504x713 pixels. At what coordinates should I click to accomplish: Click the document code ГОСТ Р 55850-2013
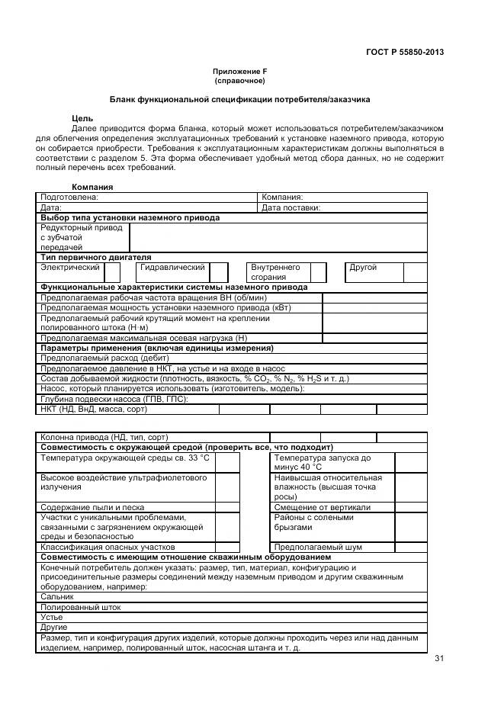tap(405, 52)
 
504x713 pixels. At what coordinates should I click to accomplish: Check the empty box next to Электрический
tap(112, 272)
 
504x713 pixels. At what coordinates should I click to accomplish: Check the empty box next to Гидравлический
tap(219, 272)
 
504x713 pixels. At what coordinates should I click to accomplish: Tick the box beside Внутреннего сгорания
tap(318, 272)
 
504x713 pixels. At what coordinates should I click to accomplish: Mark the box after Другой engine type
tap(415, 272)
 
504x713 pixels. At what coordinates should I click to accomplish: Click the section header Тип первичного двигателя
tap(95, 258)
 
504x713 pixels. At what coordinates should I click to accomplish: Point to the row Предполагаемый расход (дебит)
tap(104, 358)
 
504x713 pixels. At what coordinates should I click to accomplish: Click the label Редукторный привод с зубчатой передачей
tap(81, 237)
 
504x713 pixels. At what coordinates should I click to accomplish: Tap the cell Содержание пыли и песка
tap(92, 507)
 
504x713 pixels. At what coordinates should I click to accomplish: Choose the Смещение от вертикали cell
tap(323, 507)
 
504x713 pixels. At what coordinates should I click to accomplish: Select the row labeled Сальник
tap(57, 597)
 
